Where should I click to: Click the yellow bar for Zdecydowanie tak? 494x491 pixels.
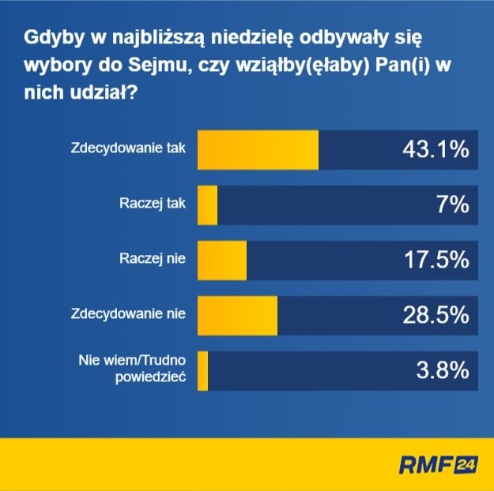[258, 150]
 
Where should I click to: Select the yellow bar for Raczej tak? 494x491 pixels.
[207, 205]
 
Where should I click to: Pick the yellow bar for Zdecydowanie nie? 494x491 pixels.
[237, 316]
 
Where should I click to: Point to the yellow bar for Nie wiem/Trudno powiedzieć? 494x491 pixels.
[203, 371]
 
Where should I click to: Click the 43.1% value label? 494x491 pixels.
[432, 150]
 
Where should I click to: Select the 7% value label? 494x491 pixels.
[454, 205]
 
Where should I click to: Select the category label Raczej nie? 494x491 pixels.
[153, 258]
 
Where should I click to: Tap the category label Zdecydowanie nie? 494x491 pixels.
[128, 313]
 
